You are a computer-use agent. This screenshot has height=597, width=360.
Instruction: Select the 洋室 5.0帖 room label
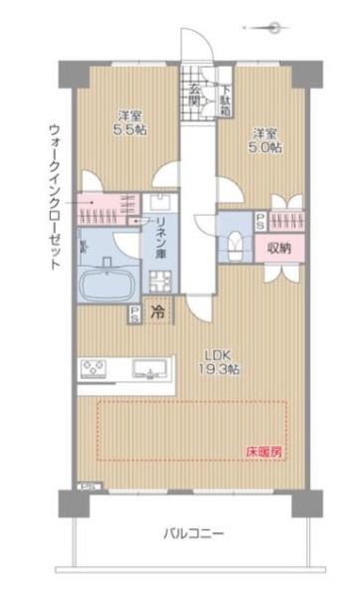click(x=264, y=139)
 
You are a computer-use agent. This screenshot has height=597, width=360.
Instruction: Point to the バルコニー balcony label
click(x=194, y=534)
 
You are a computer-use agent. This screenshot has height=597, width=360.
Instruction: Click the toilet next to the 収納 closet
click(x=235, y=243)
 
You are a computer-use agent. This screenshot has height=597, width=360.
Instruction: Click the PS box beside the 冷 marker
click(x=134, y=313)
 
